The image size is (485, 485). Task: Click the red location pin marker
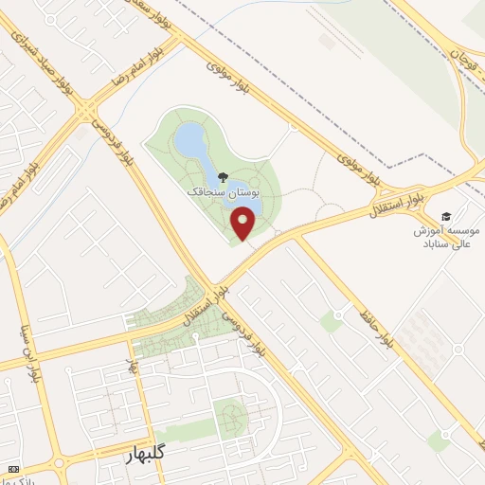[244, 224]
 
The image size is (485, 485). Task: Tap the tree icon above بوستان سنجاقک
[222, 176]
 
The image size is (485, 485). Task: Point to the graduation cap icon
[446, 216]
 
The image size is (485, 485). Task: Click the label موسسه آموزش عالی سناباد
[447, 237]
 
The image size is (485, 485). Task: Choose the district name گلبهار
[152, 455]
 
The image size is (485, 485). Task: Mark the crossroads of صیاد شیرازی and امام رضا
[87, 111]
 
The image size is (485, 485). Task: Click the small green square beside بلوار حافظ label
[331, 323]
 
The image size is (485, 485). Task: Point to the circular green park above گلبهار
[229, 414]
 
